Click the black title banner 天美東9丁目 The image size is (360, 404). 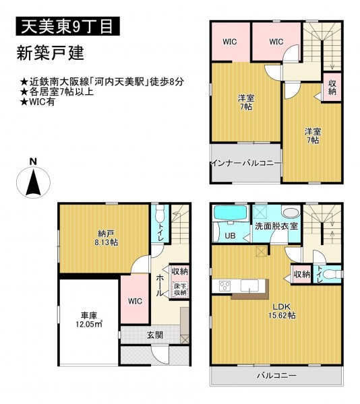[x=68, y=26]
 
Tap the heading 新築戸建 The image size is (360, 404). [x=51, y=53]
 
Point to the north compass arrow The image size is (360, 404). [x=33, y=182]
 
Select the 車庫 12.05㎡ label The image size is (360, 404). [x=89, y=319]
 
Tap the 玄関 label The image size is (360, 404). [x=155, y=335]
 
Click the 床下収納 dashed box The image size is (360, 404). [x=180, y=289]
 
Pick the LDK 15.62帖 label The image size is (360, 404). [x=282, y=311]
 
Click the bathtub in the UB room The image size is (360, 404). [x=231, y=213]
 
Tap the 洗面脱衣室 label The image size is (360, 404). [x=276, y=226]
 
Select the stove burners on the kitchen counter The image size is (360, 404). [x=225, y=286]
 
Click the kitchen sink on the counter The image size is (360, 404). [x=249, y=285]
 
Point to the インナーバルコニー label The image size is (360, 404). [x=247, y=164]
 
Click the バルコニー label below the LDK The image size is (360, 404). [x=276, y=376]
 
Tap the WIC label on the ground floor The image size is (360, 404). [x=135, y=301]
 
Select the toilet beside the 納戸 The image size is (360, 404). [x=160, y=213]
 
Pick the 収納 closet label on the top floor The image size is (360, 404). [x=332, y=87]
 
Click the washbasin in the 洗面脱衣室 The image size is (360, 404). [x=291, y=213]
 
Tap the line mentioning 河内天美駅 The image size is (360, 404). [x=102, y=82]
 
